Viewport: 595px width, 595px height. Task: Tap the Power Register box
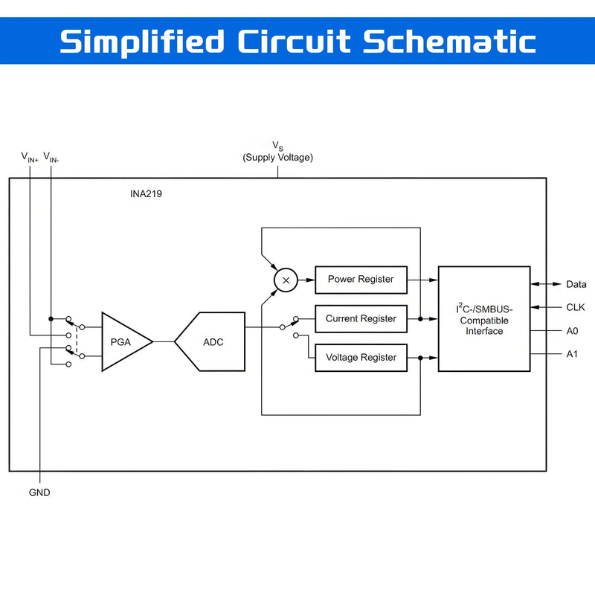point(361,280)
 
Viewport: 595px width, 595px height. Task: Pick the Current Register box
point(361,319)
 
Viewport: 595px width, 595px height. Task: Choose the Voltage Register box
point(361,358)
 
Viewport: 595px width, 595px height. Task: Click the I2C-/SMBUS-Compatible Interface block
point(484,319)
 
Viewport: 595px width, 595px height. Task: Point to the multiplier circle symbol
point(286,280)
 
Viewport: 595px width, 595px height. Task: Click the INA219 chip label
point(146,194)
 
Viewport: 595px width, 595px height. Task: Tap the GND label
point(39,492)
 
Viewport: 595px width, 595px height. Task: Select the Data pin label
point(576,284)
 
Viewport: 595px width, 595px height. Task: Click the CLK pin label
point(575,307)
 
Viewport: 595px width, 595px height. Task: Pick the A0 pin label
point(572,331)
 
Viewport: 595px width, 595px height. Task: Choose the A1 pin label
point(572,354)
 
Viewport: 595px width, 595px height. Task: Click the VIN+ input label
point(30,157)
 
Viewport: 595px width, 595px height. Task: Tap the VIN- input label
point(51,157)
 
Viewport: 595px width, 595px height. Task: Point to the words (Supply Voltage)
point(277,158)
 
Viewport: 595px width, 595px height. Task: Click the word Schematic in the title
point(449,42)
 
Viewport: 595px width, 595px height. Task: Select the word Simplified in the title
point(142,42)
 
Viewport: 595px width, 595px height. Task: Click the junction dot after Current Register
point(420,319)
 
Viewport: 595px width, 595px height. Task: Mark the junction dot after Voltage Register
point(420,358)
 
